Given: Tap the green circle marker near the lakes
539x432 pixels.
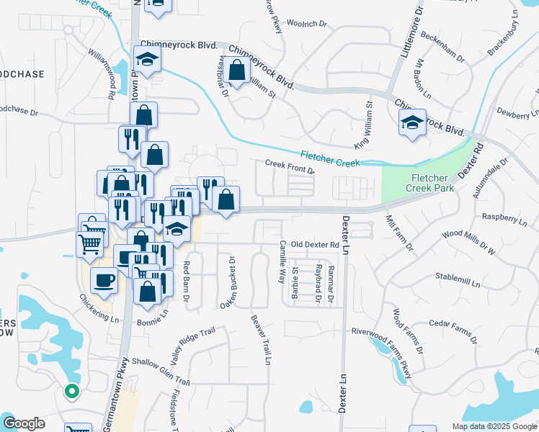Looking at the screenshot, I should [x=71, y=392].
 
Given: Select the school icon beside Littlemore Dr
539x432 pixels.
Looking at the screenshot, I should [x=413, y=122].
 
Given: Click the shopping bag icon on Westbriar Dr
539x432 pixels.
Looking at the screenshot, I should [x=236, y=70].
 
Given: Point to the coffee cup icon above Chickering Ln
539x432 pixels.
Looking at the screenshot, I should [x=104, y=279].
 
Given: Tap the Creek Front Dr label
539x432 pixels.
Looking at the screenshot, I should [x=290, y=166].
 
